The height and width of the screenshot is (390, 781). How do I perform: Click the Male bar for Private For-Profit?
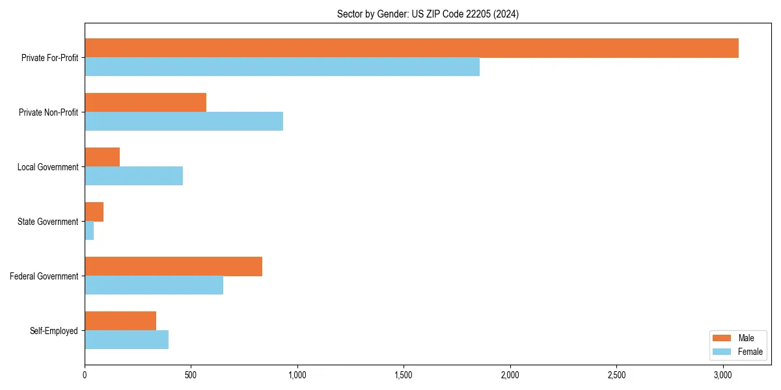[411, 48]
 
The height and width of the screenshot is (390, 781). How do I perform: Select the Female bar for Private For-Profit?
[282, 67]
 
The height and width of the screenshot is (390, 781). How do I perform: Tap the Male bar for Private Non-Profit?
[145, 103]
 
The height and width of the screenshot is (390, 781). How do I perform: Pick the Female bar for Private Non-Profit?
[184, 122]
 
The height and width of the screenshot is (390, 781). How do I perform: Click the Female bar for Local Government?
[133, 176]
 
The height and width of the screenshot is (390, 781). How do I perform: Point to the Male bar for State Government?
[94, 212]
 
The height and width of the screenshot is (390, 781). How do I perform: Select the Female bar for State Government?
[89, 231]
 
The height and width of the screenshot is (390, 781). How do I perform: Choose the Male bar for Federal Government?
[173, 266]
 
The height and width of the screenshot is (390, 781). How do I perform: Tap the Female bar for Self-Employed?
[126, 340]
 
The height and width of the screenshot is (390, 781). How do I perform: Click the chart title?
[428, 14]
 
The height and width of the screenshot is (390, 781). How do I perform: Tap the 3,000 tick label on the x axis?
[723, 375]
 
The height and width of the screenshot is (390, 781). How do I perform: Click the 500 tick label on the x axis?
[191, 375]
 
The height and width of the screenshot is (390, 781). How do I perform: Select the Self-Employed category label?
[53, 331]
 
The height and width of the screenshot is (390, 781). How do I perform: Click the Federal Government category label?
[44, 276]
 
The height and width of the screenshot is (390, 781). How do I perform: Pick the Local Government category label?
[48, 167]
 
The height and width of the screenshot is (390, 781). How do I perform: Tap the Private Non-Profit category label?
[48, 112]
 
